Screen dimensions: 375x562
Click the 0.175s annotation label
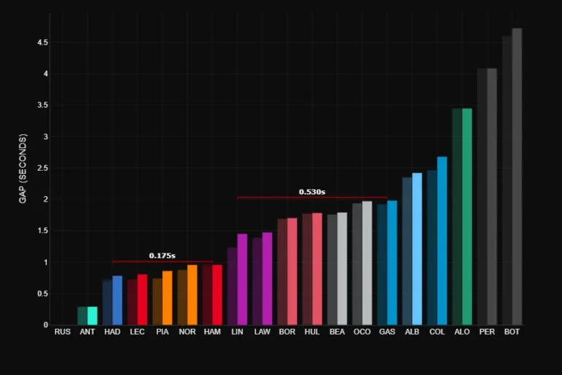point(162,256)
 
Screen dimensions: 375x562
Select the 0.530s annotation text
point(312,192)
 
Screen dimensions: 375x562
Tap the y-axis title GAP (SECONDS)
point(23,168)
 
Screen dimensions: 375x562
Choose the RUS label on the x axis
point(62,332)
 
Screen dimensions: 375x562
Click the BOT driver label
point(512,332)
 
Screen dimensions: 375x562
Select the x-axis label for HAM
point(211,332)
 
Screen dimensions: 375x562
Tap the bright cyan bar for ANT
point(92,316)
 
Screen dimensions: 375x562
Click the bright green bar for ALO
point(467,217)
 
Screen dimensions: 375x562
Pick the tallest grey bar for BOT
point(517,177)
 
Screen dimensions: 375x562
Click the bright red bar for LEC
point(142,300)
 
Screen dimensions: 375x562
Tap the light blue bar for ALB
point(417,249)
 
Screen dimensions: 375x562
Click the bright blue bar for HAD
point(117,300)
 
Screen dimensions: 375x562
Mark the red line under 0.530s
point(312,197)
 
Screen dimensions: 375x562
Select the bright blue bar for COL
point(442,241)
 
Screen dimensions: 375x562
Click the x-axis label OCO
point(361,332)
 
